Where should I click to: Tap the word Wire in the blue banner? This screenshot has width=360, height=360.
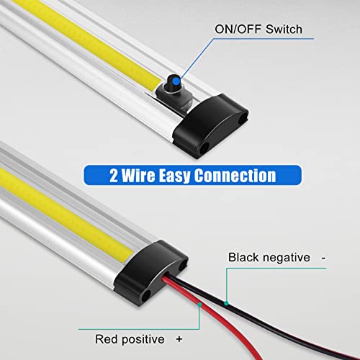coord(143,175)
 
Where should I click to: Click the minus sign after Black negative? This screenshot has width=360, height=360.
coord(325,256)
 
